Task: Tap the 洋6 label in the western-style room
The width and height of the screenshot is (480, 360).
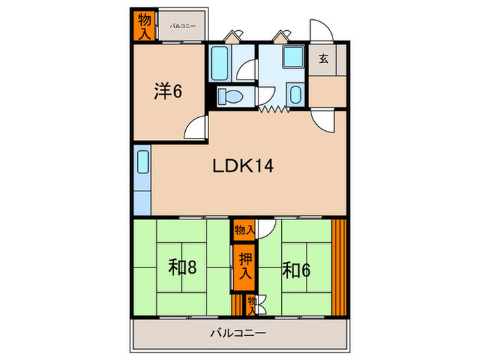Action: pyautogui.click(x=167, y=91)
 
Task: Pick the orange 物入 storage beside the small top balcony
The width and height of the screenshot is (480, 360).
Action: pyautogui.click(x=143, y=26)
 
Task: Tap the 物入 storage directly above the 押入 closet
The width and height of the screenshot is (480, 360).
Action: pyautogui.click(x=243, y=229)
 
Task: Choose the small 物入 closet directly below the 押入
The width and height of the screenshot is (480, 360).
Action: pyautogui.click(x=251, y=302)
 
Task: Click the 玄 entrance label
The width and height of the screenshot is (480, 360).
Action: pyautogui.click(x=323, y=59)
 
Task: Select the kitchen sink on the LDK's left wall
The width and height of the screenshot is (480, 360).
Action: pyautogui.click(x=143, y=163)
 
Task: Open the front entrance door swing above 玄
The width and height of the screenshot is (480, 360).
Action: pyautogui.click(x=320, y=31)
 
